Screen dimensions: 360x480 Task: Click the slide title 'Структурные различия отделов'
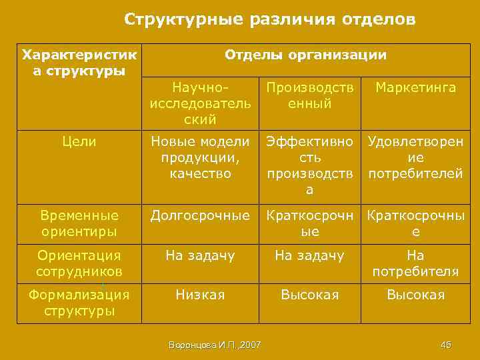coord(270,20)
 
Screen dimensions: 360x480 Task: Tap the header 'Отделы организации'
coord(305,55)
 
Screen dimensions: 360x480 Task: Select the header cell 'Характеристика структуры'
coord(79,62)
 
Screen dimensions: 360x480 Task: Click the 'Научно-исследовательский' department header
coord(201,103)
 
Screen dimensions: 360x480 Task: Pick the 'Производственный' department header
coord(309,96)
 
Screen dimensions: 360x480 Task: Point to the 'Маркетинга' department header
coord(416,88)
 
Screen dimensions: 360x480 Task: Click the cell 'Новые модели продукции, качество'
coord(201,157)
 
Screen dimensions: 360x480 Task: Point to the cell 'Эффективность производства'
coord(309,165)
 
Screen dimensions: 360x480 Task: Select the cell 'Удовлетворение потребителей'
coord(416,157)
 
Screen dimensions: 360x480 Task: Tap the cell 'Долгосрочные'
coord(201,215)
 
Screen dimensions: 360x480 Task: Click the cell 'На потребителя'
coord(416,263)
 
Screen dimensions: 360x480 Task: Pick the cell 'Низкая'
coord(201,295)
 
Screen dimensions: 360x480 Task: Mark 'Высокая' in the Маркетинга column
coord(416,295)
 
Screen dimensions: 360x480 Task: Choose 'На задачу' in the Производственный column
coord(309,255)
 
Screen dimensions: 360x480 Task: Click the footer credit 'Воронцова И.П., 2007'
coord(215,345)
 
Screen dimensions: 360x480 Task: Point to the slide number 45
coord(446,345)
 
